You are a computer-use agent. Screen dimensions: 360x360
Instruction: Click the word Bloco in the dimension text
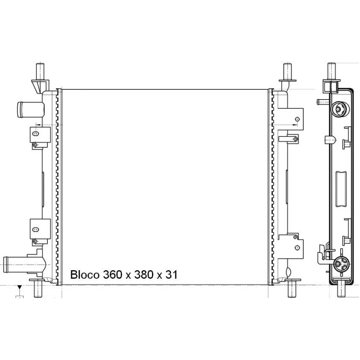(85, 274)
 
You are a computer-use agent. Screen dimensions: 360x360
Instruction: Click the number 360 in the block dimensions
(113, 274)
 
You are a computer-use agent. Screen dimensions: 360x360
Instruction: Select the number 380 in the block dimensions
(144, 274)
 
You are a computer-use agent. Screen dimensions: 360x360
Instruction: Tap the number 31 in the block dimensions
(171, 274)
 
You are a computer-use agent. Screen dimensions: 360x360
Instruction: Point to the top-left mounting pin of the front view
(40, 72)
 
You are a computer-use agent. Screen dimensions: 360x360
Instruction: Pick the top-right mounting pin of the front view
(287, 72)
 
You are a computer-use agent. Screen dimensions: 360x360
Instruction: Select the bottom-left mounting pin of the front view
(38, 289)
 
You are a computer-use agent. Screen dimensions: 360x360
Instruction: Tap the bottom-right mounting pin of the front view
(292, 289)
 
